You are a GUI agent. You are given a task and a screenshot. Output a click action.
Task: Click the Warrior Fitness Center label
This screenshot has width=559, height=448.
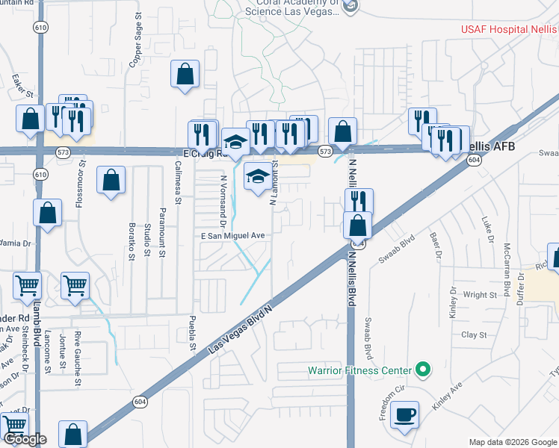click(x=360, y=370)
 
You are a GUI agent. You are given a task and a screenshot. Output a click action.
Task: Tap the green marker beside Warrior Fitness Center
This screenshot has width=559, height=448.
click(x=423, y=370)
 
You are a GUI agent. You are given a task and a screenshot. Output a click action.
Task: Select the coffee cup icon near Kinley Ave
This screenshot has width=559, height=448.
click(x=404, y=414)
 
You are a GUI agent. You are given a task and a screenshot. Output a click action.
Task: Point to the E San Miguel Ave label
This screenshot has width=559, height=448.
click(x=233, y=235)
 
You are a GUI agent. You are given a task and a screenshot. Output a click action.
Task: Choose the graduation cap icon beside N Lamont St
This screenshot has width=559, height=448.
click(x=259, y=177)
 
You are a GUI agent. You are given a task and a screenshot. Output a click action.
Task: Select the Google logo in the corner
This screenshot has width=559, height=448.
click(x=25, y=439)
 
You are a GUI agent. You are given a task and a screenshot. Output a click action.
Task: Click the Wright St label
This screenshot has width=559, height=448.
click(x=480, y=295)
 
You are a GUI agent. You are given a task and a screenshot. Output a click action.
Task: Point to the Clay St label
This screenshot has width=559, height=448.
click(x=474, y=335)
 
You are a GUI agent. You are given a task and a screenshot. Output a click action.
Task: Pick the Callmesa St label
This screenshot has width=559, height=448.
click(x=179, y=183)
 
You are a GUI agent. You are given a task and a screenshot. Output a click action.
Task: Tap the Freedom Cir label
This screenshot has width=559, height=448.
click(x=387, y=403)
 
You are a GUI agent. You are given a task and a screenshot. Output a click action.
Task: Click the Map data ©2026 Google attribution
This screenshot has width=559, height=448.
click(x=513, y=441)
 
